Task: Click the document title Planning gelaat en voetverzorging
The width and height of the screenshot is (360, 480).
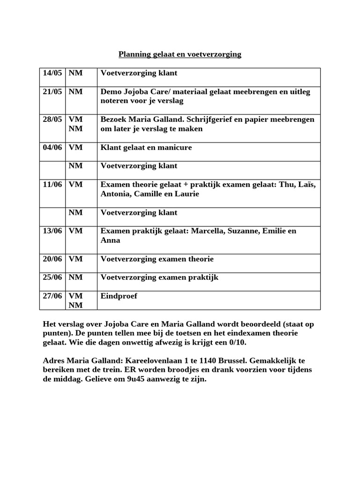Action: [x=180, y=54]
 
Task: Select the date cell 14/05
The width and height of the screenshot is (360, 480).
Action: [x=52, y=73]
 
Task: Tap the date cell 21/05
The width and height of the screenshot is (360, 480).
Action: [x=52, y=92]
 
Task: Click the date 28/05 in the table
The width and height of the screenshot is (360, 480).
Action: [x=52, y=120]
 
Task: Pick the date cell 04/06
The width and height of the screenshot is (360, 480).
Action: [x=52, y=148]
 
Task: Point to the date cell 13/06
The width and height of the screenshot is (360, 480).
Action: [x=52, y=231]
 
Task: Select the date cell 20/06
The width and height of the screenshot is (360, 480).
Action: [x=52, y=259]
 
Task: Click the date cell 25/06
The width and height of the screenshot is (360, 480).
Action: [x=52, y=277]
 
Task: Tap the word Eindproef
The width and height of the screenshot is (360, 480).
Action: [x=119, y=296]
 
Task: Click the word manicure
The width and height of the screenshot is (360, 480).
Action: [x=174, y=148]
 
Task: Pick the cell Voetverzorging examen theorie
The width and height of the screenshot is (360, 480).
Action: [x=157, y=259]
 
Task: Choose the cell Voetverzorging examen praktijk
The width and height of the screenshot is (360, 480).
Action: [x=159, y=277]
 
